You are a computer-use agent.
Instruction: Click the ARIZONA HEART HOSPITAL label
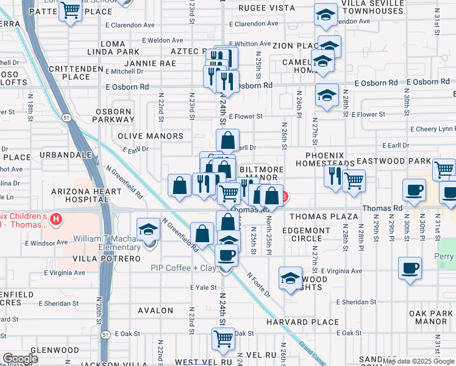pos(79,195)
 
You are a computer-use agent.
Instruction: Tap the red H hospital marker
pos(56,219)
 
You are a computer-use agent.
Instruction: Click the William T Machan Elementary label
pos(107,242)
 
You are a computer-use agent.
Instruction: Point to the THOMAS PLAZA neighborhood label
pos(323,217)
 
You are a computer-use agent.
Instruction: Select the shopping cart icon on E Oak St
pos(224,338)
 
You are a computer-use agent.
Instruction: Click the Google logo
pos(20,359)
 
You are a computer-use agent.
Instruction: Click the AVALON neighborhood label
pos(155,310)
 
